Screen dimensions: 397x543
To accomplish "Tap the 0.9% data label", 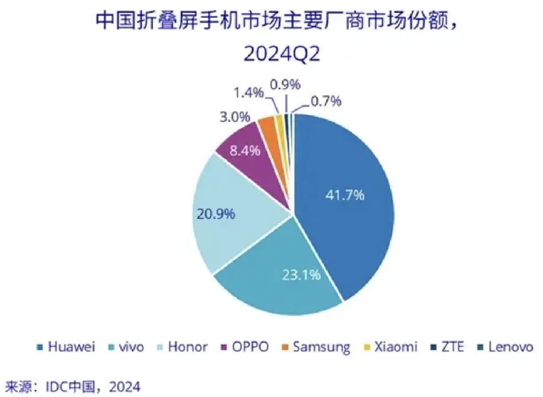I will pyautogui.click(x=285, y=84).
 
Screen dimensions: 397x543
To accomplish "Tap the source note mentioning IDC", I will pyautogui.click(x=72, y=385).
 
